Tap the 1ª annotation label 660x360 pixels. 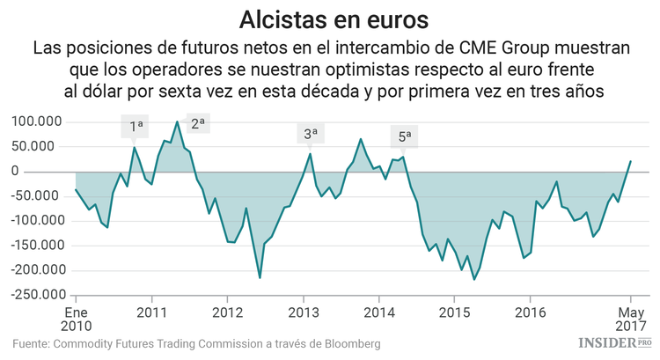tap(136, 127)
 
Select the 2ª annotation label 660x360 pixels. tap(197, 124)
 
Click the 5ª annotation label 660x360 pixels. tap(405, 137)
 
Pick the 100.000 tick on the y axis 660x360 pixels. tap(38, 121)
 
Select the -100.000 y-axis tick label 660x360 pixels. tap(35, 221)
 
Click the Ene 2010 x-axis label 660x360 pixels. tap(76, 320)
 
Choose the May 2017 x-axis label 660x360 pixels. tap(630, 320)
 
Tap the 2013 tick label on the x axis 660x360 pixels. tap(304, 312)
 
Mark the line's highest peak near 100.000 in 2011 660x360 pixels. tap(178, 121)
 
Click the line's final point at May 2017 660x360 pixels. tap(631, 161)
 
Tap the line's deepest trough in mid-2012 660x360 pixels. tap(260, 278)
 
